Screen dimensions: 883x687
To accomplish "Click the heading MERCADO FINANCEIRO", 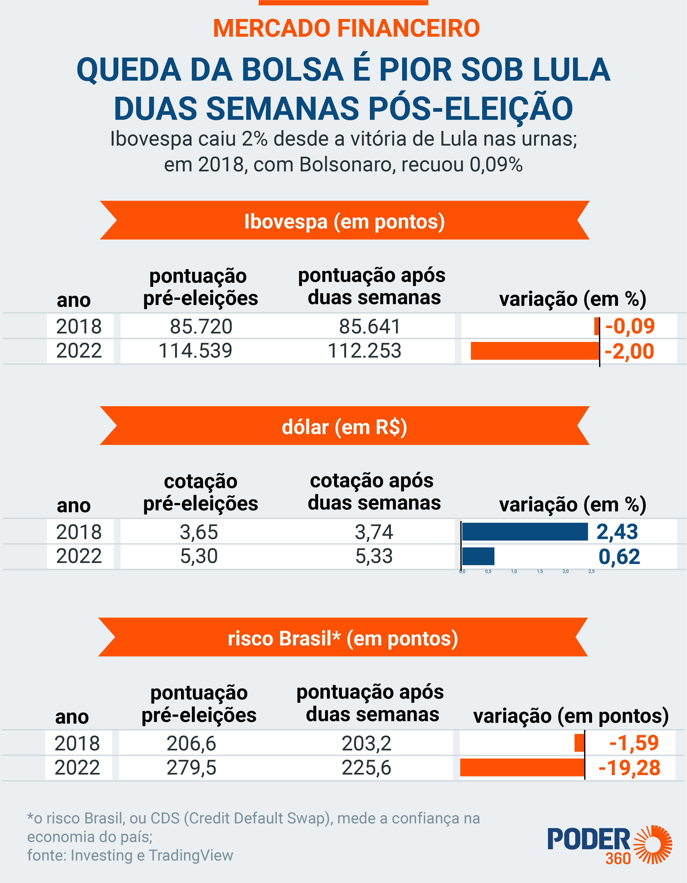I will point(346,28).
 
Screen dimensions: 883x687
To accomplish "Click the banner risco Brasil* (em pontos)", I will point(343,638).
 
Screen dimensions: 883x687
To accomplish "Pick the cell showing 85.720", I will point(201,326).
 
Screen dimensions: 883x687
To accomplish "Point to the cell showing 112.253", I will point(364,351).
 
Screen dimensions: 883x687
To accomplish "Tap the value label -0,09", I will point(630,326).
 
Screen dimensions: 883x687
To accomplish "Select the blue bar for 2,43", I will point(525,531).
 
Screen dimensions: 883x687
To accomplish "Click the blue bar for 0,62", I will point(478,556).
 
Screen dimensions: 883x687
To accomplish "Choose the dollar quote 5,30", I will point(199,556).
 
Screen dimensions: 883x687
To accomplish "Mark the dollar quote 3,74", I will point(374,532).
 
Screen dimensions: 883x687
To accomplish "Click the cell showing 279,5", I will point(192,767).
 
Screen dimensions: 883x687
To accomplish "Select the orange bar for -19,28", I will point(522,767).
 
